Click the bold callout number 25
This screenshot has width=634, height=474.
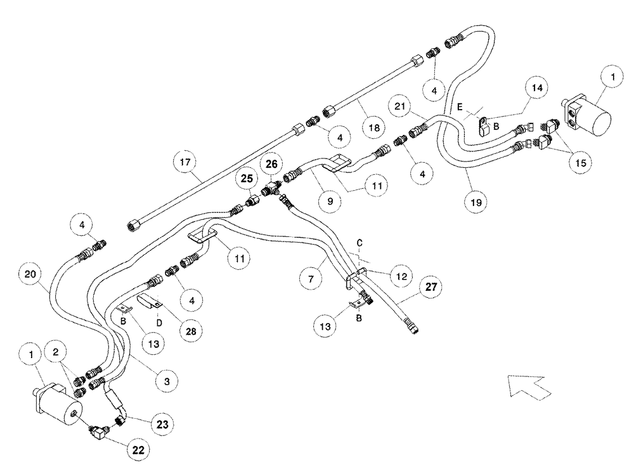247,179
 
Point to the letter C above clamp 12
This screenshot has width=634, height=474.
359,243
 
